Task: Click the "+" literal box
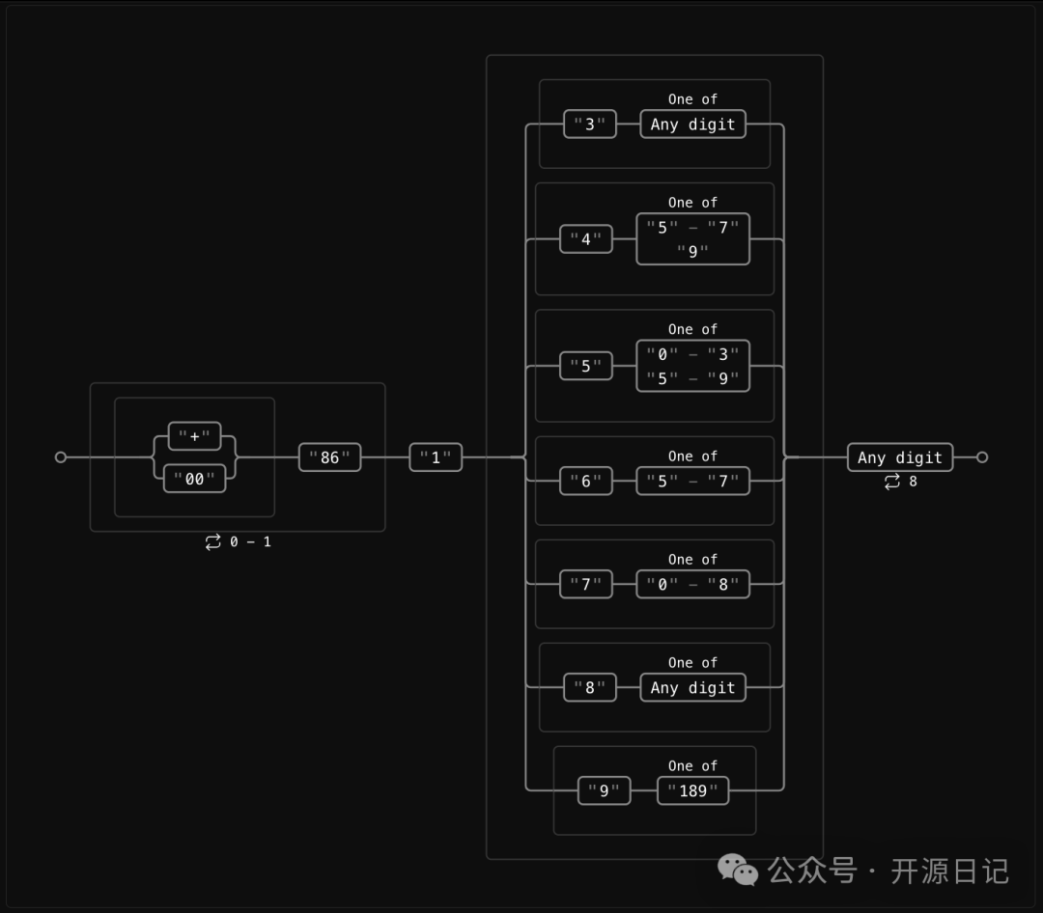[x=194, y=436]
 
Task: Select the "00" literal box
[x=194, y=479]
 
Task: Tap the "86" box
[x=329, y=457]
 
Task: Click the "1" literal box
[x=436, y=457]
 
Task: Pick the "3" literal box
[x=589, y=124]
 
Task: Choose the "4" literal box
[x=586, y=239]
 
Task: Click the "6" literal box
[x=586, y=481]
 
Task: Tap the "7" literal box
[x=586, y=584]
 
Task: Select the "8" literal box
[x=589, y=688]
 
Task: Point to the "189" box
[x=693, y=791]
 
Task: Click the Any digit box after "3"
[x=692, y=124]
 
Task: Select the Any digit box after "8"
[x=692, y=688]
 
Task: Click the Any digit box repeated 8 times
[x=900, y=457]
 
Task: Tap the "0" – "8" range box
[x=692, y=584]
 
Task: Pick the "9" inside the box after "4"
[x=692, y=252]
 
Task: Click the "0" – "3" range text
[x=692, y=354]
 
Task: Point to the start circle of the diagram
[x=61, y=457]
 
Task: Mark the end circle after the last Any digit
[x=982, y=457]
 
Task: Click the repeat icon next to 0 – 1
[x=213, y=542]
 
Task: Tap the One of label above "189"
[x=692, y=766]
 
